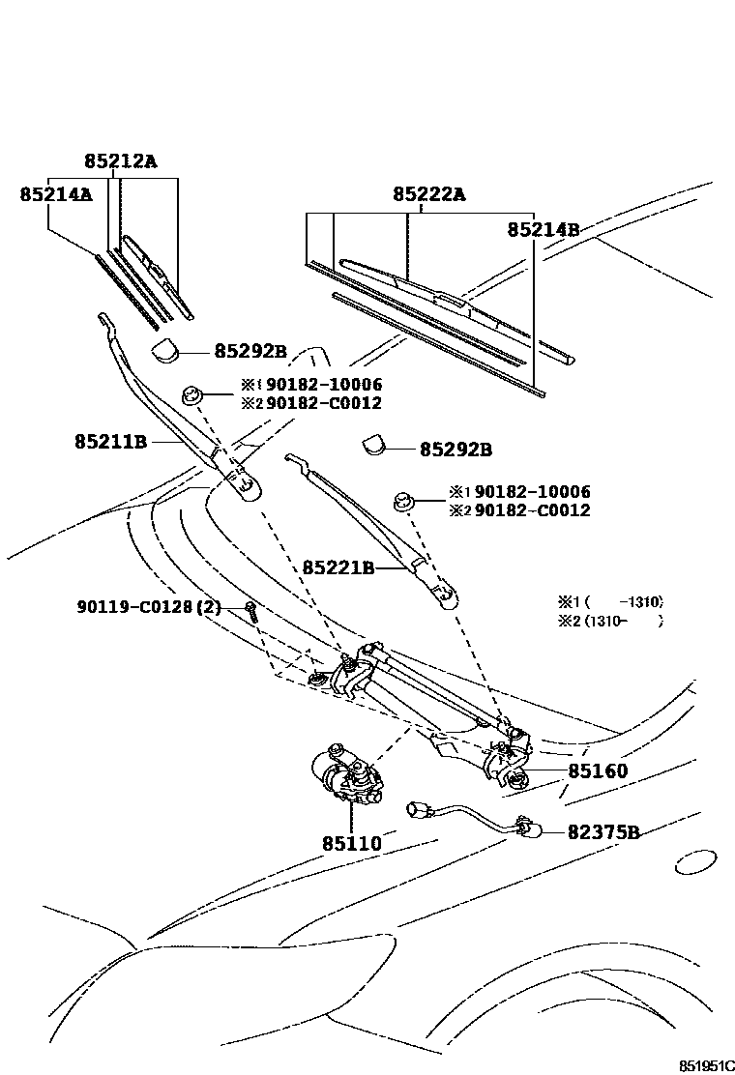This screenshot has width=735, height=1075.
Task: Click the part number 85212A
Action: coord(119,161)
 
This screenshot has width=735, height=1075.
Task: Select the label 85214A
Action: coord(55,194)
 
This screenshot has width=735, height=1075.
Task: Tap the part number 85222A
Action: coord(428,194)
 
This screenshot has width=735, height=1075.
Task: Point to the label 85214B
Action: coord(544,229)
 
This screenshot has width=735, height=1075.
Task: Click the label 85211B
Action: coord(110,442)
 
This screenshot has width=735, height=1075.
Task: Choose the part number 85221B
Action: coord(338,567)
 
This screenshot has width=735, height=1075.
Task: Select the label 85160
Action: coord(598,771)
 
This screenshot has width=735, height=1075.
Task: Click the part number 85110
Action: coord(352,843)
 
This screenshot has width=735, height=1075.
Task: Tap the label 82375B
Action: coord(603,831)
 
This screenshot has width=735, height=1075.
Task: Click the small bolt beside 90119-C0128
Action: coord(250,610)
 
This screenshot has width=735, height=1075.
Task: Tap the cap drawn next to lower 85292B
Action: coord(374,446)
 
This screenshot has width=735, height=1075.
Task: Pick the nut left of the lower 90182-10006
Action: coord(404,501)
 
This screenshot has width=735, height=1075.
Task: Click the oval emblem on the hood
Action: coord(694,862)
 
